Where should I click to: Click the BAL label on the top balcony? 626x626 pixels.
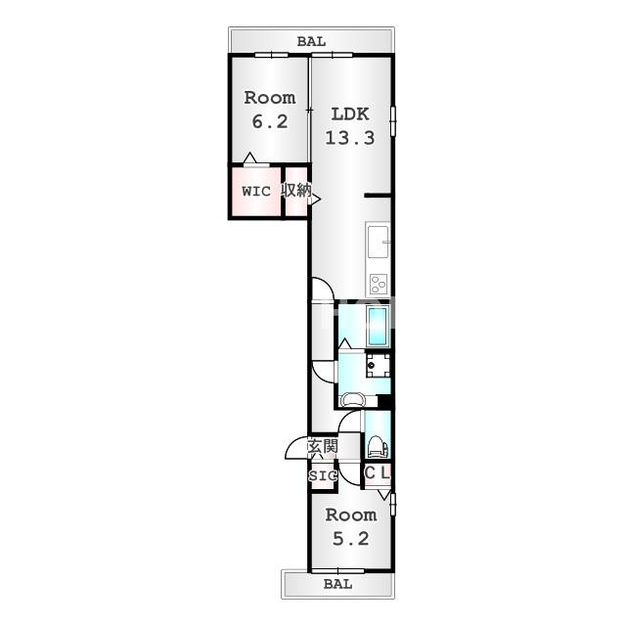(x=311, y=41)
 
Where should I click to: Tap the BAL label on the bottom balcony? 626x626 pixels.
(x=338, y=584)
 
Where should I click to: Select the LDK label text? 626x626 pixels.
(x=350, y=114)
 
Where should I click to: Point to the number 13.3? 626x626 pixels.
(x=350, y=138)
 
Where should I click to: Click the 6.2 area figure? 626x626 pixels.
(x=270, y=121)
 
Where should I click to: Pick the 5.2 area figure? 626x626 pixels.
(x=351, y=539)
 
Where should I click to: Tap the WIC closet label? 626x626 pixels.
(x=256, y=192)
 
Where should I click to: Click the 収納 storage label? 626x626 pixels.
(x=296, y=190)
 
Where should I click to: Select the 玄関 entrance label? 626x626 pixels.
(x=323, y=446)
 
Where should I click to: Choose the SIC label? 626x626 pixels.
(x=323, y=476)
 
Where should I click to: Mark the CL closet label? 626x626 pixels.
(x=377, y=473)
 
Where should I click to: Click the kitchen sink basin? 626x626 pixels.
(x=379, y=242)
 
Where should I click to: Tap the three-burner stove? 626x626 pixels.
(x=379, y=285)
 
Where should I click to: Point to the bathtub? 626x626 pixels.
(x=378, y=326)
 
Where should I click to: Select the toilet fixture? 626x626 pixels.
(x=378, y=446)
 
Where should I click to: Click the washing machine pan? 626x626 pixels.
(x=378, y=365)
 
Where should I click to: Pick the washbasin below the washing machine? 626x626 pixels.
(x=352, y=400)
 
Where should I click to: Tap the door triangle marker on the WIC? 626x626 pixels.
(x=250, y=157)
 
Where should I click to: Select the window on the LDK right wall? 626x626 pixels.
(x=393, y=121)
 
